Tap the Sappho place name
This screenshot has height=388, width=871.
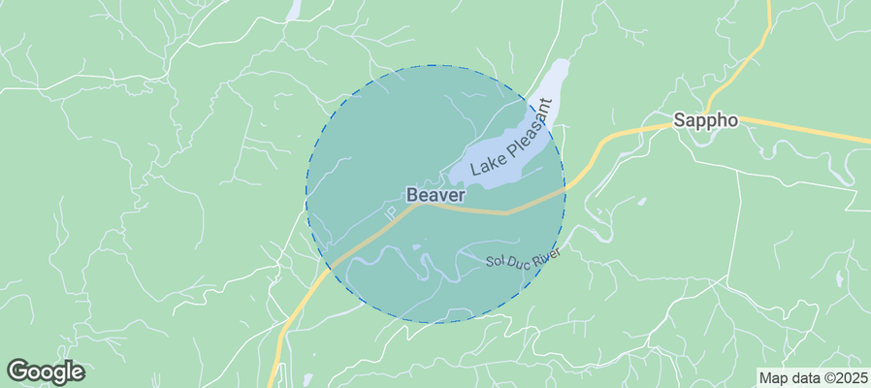706,121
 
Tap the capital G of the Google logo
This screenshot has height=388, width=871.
16,371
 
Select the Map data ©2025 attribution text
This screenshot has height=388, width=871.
812,378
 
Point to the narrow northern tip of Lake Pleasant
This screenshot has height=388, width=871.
562,66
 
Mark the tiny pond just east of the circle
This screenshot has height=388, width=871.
641,202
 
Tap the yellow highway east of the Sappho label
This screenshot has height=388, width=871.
805,128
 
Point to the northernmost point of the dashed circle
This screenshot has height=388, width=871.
435,66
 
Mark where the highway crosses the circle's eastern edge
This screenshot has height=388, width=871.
564,189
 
